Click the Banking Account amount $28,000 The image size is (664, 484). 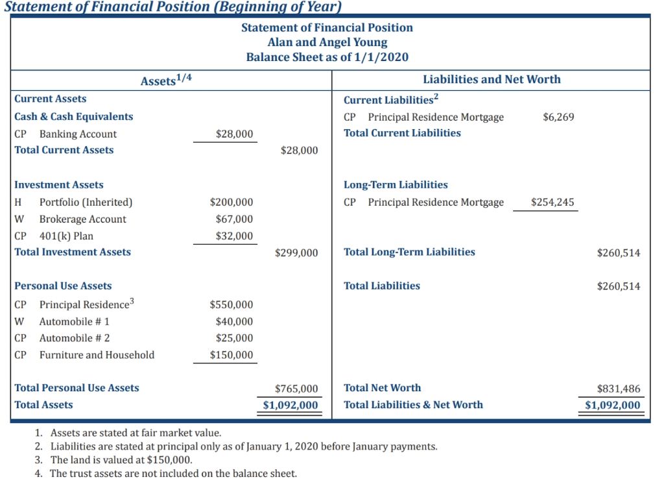pos(234,134)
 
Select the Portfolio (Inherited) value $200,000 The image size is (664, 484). pos(231,202)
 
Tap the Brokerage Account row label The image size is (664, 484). pos(83,219)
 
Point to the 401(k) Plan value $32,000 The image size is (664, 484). pos(234,236)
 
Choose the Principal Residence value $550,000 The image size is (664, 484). pos(231,305)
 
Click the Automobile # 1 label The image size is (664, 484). pos(75,322)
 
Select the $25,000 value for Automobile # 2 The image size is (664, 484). pos(234,338)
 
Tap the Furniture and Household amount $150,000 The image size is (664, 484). pos(231,355)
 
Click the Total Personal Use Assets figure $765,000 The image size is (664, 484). pos(296,389)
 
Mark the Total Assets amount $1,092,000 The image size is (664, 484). pos(290,405)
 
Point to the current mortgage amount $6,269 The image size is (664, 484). pos(558,117)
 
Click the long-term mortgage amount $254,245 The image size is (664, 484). pos(552,202)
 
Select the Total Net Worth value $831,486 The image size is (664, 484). pos(619,389)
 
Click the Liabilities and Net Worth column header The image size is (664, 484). pos(492,79)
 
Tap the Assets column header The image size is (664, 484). pos(166,80)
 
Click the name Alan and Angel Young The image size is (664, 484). pos(327,42)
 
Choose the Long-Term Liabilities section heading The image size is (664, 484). pos(396,185)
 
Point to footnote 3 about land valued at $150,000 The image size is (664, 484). pos(121,460)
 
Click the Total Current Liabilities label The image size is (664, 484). pos(402,133)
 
